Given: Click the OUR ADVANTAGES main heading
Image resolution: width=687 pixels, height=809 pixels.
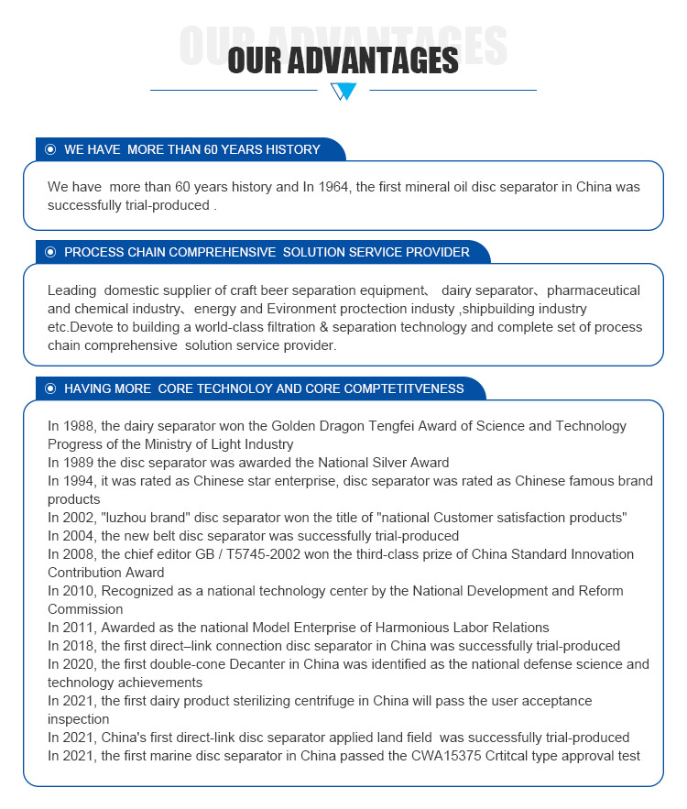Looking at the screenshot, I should [343, 60].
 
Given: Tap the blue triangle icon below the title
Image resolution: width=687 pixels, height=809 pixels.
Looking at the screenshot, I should [343, 91].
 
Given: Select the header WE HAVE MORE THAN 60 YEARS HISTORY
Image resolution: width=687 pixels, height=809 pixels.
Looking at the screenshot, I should [192, 149].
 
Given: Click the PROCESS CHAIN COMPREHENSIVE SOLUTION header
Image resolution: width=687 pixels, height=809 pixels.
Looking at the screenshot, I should [267, 252].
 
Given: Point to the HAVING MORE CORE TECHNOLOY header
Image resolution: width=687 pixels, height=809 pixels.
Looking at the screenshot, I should [264, 388].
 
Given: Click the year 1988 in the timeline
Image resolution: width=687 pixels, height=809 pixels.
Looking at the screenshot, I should [80, 426].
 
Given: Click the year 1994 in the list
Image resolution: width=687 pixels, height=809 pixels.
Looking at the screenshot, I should [80, 481].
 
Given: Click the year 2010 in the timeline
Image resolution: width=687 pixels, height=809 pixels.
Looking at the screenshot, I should [80, 591].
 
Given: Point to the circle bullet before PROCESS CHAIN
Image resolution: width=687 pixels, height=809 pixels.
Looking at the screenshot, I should [51, 252].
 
